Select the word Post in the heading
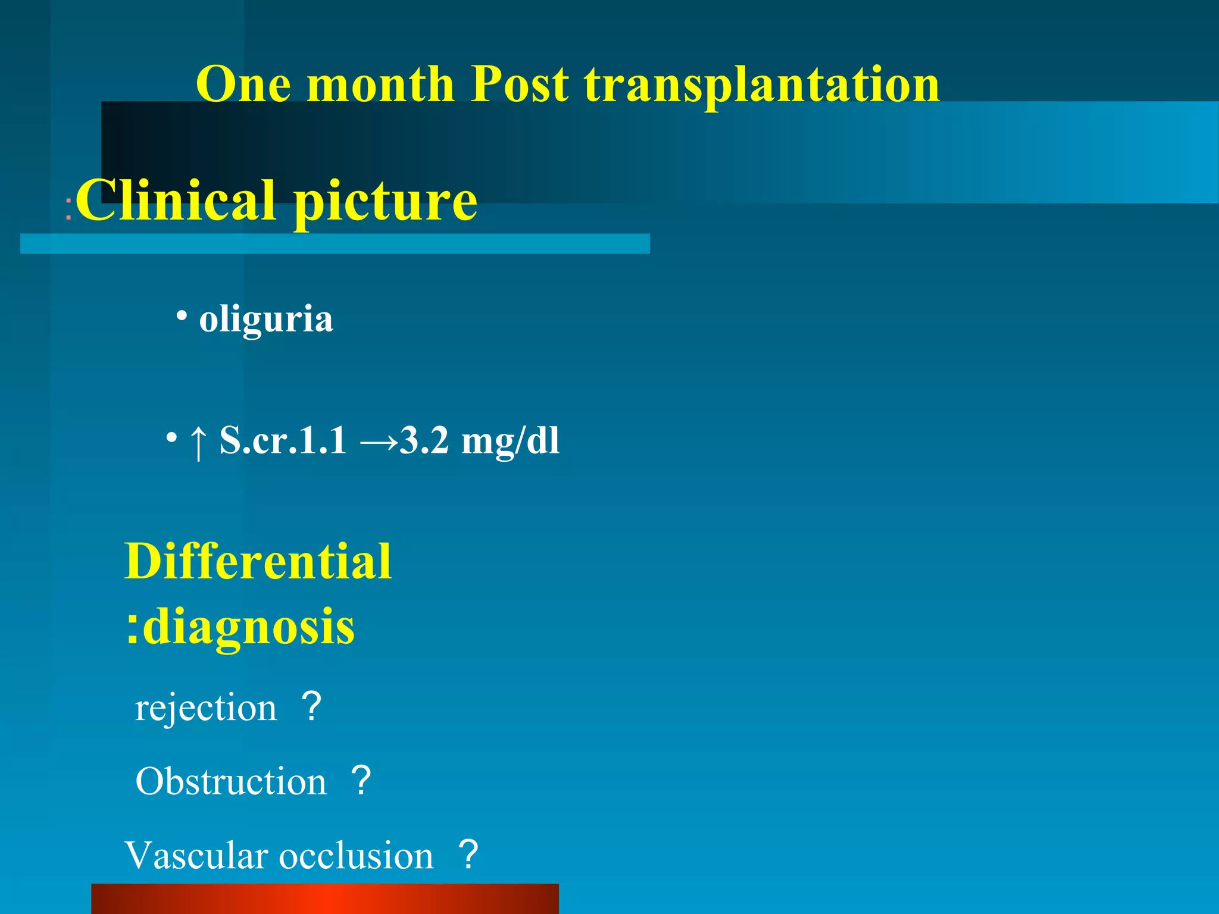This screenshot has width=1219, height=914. [x=519, y=84]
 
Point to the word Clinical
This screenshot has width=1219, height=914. [x=176, y=201]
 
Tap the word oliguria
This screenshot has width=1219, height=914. [x=266, y=320]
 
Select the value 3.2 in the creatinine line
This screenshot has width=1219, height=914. [x=424, y=441]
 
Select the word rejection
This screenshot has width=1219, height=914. [x=206, y=708]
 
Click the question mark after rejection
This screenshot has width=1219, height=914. [x=311, y=707]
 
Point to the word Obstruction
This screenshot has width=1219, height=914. [x=231, y=781]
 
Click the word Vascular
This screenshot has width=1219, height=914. [x=196, y=856]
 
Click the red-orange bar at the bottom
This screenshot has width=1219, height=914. [x=324, y=899]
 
